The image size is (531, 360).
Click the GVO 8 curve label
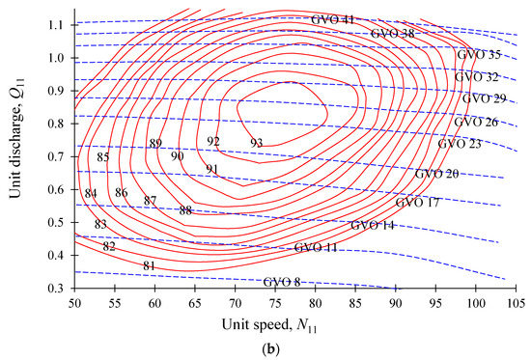pos(282,282)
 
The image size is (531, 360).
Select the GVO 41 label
pos(333,19)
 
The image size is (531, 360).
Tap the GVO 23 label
pos(460,144)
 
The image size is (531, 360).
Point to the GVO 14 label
pos(373,225)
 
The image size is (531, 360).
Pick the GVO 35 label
pos(478,56)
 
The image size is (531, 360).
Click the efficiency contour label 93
pos(256,143)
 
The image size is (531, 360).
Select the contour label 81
pos(149,265)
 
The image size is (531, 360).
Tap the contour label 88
pos(186,210)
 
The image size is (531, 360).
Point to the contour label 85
pos(103,157)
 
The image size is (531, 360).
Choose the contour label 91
pos(212,169)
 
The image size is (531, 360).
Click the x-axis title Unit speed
pos(268,326)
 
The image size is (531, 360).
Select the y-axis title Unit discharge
pos(15,155)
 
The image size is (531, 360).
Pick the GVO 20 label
pos(437,174)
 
